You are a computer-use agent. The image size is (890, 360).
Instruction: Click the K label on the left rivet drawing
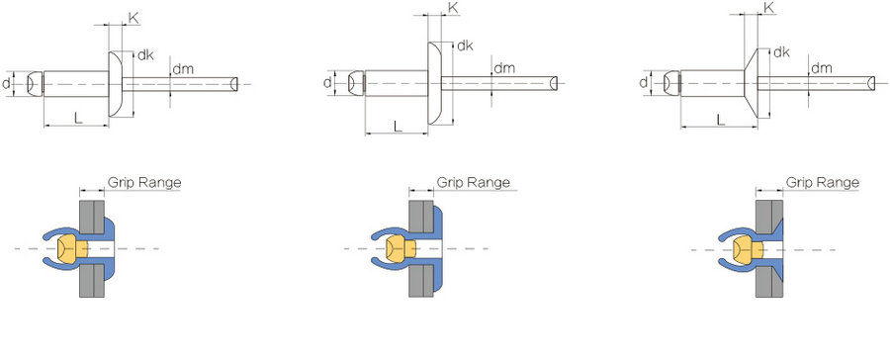tap(133, 18)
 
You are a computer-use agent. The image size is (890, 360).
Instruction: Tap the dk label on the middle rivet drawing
tap(465, 46)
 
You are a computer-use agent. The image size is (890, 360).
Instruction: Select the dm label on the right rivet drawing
tap(822, 68)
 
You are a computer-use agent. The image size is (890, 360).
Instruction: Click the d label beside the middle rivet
tap(327, 82)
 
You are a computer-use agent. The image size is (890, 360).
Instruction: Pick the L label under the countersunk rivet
tap(721, 120)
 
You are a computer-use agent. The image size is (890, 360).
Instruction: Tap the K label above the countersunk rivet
tap(769, 7)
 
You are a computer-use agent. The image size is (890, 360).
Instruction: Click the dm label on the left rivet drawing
tap(183, 69)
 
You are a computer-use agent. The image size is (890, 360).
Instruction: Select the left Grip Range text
tap(144, 183)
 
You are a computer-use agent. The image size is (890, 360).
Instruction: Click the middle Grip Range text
tap(473, 183)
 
